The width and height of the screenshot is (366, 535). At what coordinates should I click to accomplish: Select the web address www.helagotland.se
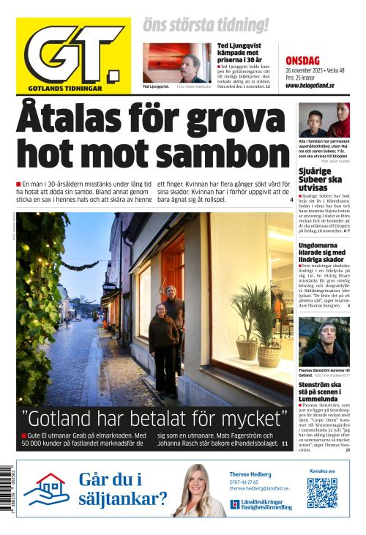[x=310, y=86]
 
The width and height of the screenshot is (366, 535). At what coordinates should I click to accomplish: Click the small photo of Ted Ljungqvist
[x=176, y=63]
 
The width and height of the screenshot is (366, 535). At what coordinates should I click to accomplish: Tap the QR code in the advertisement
[x=322, y=493]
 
